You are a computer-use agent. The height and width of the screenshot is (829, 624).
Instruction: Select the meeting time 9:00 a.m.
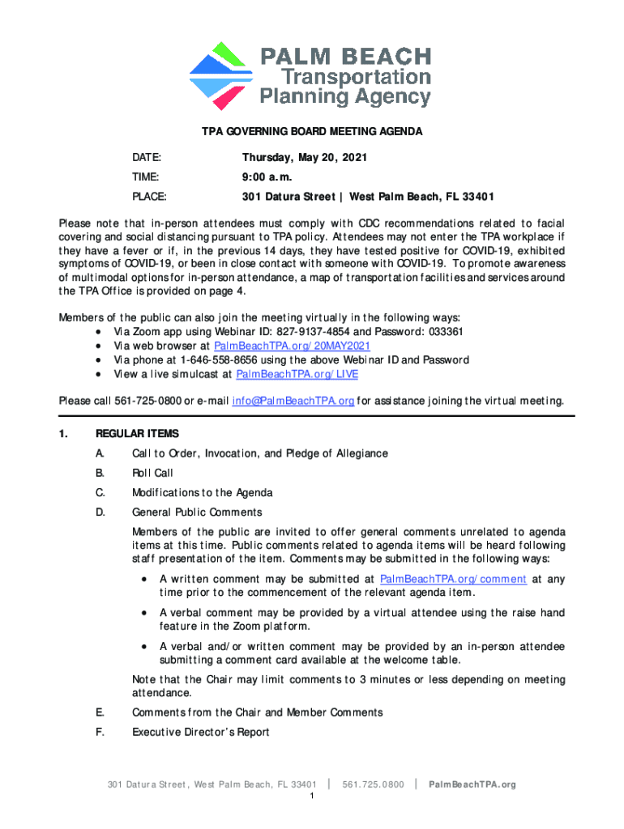(x=267, y=177)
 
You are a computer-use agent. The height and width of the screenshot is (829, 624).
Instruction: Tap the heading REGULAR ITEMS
(x=137, y=434)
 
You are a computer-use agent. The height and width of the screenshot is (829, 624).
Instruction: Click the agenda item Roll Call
(x=152, y=473)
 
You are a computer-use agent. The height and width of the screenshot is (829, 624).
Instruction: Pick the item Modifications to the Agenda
(x=202, y=492)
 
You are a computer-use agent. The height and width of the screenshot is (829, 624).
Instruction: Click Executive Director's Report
(x=200, y=732)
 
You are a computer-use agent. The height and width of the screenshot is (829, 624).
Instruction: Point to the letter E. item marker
(x=99, y=712)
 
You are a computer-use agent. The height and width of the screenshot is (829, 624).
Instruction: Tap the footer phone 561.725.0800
(x=374, y=784)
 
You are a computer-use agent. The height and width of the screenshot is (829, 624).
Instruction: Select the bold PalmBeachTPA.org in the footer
(x=472, y=784)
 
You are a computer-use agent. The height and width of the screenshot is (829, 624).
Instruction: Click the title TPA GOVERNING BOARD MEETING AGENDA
(x=312, y=131)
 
